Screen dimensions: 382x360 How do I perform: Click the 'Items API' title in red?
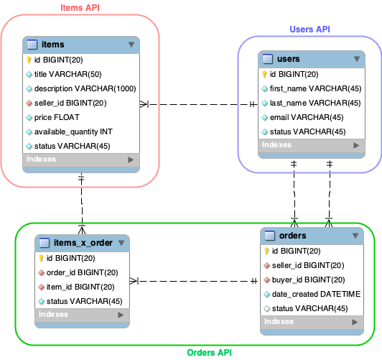pyautogui.click(x=80, y=8)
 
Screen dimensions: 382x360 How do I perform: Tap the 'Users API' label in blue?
pyautogui.click(x=309, y=29)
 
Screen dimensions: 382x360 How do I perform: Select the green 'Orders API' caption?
pyautogui.click(x=209, y=352)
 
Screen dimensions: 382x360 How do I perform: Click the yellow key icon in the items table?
pyautogui.click(x=29, y=60)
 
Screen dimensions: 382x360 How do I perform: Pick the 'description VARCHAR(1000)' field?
pyautogui.click(x=85, y=88)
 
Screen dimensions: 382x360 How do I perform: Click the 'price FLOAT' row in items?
pyautogui.click(x=57, y=117)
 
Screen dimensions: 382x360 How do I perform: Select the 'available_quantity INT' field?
pyautogui.click(x=73, y=131)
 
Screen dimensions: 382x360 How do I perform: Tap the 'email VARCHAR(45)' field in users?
pyautogui.click(x=307, y=117)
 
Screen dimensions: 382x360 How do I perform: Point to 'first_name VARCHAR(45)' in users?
pyautogui.click(x=315, y=88)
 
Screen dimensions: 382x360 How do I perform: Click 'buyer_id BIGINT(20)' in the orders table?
pyautogui.click(x=309, y=280)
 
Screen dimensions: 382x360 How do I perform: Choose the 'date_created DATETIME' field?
pyautogui.click(x=316, y=294)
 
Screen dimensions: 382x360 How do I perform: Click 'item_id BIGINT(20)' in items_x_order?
pyautogui.click(x=80, y=287)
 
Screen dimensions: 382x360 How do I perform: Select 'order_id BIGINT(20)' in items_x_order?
pyautogui.click(x=82, y=272)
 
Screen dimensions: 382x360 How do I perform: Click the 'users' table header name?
pyautogui.click(x=289, y=59)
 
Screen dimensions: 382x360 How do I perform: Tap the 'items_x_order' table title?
pyautogui.click(x=83, y=243)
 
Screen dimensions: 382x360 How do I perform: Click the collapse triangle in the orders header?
pyautogui.click(x=355, y=236)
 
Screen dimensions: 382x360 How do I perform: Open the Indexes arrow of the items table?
pyautogui.click(x=131, y=160)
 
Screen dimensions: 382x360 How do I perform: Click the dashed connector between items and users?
pyautogui.click(x=199, y=105)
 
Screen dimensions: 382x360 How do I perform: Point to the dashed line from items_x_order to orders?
pyautogui.click(x=194, y=281)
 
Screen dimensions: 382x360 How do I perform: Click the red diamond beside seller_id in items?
pyautogui.click(x=29, y=103)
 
